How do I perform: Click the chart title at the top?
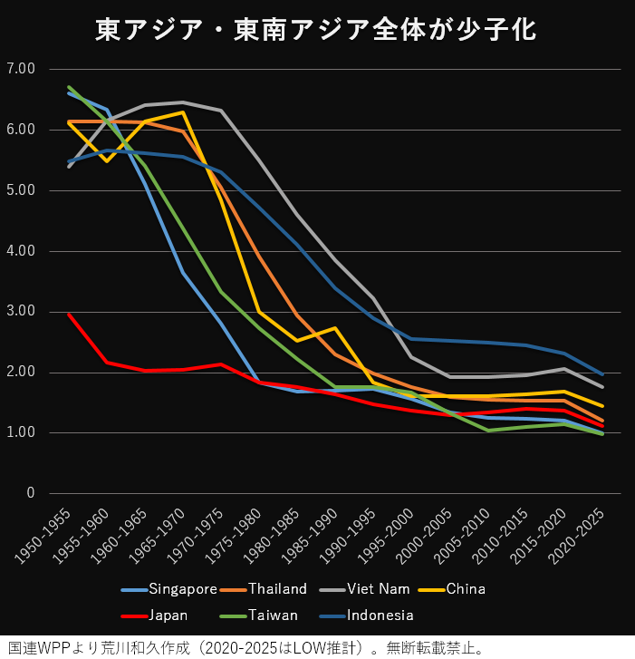click(317, 30)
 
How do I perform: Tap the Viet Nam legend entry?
click(372, 588)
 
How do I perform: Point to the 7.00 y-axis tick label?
click(19, 69)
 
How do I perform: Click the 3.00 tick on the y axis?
click(19, 312)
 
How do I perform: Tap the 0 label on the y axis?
click(30, 494)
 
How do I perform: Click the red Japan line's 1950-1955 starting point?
click(70, 315)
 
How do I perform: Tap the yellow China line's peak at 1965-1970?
click(183, 112)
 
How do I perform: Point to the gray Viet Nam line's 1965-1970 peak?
click(183, 102)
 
